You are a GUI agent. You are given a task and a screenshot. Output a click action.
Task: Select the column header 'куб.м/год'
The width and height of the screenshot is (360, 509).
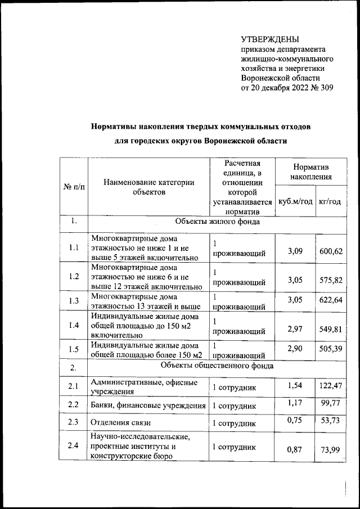[x=295, y=201]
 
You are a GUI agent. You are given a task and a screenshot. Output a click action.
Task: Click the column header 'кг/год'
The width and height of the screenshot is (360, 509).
[x=330, y=201]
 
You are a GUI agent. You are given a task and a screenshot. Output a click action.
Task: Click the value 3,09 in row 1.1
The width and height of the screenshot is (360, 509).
[x=295, y=250]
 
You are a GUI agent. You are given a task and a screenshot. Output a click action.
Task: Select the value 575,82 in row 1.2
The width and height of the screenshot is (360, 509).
[x=330, y=280]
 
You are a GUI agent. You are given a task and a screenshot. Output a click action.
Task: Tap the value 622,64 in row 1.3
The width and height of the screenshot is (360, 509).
[x=330, y=300]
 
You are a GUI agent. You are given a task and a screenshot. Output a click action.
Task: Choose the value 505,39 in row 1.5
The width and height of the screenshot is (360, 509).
[x=330, y=349]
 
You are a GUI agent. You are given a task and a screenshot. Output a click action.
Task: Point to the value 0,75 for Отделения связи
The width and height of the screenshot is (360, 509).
[x=295, y=420]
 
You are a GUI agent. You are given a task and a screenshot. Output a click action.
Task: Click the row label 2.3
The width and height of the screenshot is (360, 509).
[x=73, y=422]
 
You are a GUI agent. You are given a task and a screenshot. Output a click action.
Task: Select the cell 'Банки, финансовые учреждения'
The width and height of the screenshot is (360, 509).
[x=148, y=406]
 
